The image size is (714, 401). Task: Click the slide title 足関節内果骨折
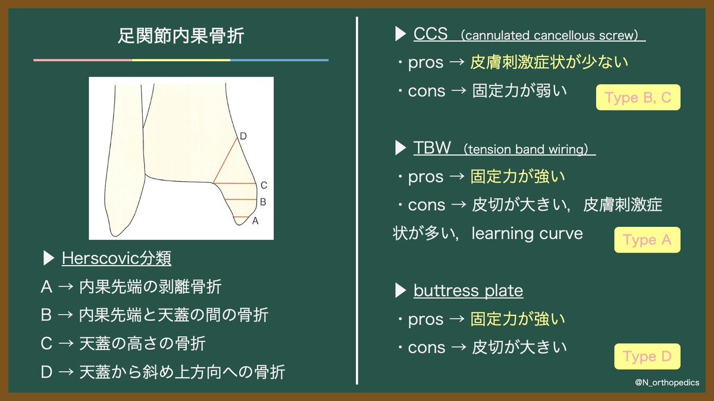[x=181, y=35]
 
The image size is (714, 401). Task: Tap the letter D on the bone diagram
[x=243, y=136]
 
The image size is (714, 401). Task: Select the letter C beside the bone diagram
[x=264, y=185]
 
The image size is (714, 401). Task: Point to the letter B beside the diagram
[x=263, y=202]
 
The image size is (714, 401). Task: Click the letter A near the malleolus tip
[x=255, y=221]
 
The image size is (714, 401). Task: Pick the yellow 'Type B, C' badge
[x=638, y=97]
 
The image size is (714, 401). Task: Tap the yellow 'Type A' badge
[x=647, y=240]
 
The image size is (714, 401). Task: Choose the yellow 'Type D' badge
[x=647, y=356]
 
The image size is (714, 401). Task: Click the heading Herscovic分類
[x=117, y=258]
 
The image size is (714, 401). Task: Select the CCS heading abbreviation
[x=430, y=34]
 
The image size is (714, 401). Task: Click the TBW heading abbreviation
[x=432, y=148]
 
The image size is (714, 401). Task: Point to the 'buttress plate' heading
[x=468, y=291]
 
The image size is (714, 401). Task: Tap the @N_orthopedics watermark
[x=667, y=383]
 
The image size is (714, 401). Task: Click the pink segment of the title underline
[x=83, y=60]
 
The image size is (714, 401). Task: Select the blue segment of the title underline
[x=279, y=60]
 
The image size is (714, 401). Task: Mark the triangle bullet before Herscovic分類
[x=48, y=258]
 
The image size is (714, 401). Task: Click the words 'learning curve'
[x=527, y=233]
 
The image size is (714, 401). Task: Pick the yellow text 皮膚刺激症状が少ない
[x=549, y=62]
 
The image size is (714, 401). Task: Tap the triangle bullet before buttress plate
[x=400, y=291]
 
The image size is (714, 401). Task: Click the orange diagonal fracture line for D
[x=225, y=160]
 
